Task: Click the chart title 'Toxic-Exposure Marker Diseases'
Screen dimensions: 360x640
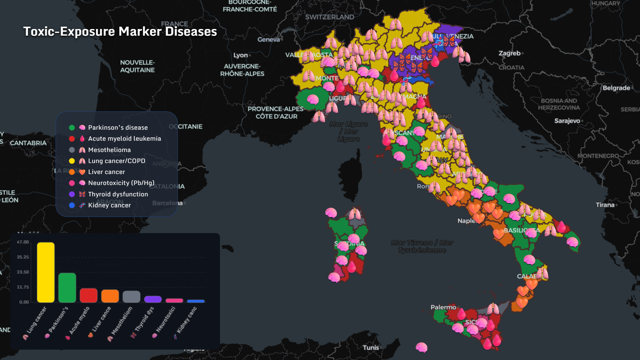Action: pyautogui.click(x=120, y=31)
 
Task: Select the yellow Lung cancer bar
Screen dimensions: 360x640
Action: pyautogui.click(x=46, y=272)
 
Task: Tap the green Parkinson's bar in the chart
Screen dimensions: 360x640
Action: pyautogui.click(x=67, y=288)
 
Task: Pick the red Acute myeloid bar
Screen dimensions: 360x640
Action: pyautogui.click(x=88, y=295)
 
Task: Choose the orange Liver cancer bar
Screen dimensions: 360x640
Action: pyautogui.click(x=110, y=296)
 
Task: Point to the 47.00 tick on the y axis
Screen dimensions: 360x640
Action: pyautogui.click(x=23, y=242)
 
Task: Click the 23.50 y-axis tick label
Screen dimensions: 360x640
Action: pyautogui.click(x=23, y=272)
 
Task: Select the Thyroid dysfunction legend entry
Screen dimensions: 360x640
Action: pyautogui.click(x=118, y=194)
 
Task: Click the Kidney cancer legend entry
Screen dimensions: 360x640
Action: pyautogui.click(x=109, y=205)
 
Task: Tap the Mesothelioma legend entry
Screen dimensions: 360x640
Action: pyautogui.click(x=109, y=150)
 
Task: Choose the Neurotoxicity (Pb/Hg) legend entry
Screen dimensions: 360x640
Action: pyautogui.click(x=121, y=183)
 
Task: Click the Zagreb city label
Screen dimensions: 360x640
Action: pyautogui.click(x=509, y=53)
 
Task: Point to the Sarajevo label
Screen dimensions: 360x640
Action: pyautogui.click(x=567, y=121)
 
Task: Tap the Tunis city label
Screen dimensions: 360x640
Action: pyautogui.click(x=371, y=347)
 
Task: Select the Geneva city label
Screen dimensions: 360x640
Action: pyautogui.click(x=268, y=39)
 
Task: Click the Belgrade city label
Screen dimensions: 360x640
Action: pyautogui.click(x=616, y=88)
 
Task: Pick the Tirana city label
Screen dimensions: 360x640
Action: pyautogui.click(x=605, y=205)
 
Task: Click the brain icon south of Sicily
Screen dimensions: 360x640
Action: pyautogui.click(x=421, y=347)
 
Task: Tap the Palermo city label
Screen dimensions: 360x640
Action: pyautogui.click(x=443, y=307)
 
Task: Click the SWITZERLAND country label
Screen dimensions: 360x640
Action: pyautogui.click(x=329, y=17)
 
